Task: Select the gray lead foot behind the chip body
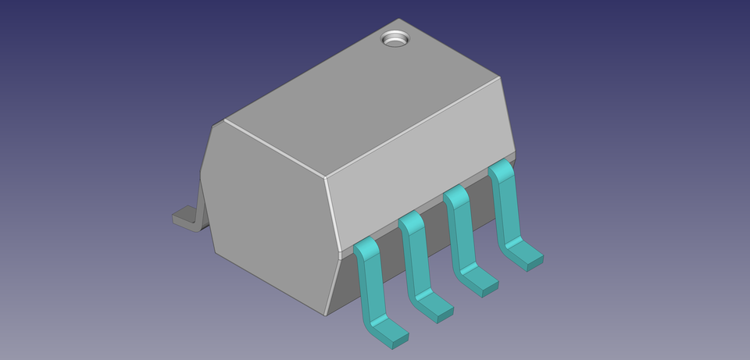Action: (186, 216)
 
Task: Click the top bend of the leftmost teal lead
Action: (365, 248)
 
